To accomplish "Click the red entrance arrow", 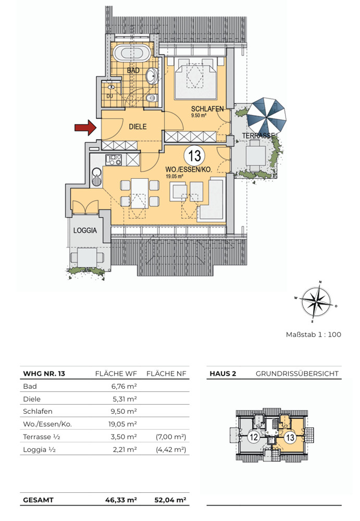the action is click(x=85, y=128).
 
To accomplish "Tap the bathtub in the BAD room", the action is click(x=132, y=54).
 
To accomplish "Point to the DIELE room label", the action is click(x=138, y=127).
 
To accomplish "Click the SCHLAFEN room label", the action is click(x=207, y=109).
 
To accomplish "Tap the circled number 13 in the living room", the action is click(x=195, y=156).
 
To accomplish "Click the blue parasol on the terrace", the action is click(x=267, y=115).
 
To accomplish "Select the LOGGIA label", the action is click(x=85, y=230).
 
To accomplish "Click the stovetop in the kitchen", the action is click(x=114, y=160).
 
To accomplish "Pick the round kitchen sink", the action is click(x=97, y=176).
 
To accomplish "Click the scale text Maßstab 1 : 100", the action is click(x=314, y=334).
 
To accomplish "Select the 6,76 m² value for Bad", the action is click(x=124, y=386).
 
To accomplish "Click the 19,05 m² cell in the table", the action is click(x=122, y=424).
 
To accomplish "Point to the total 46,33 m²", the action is click(x=121, y=500).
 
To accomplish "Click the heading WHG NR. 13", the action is click(x=44, y=374).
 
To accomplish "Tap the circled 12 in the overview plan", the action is click(x=254, y=437).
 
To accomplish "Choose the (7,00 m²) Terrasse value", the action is click(x=171, y=437).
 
